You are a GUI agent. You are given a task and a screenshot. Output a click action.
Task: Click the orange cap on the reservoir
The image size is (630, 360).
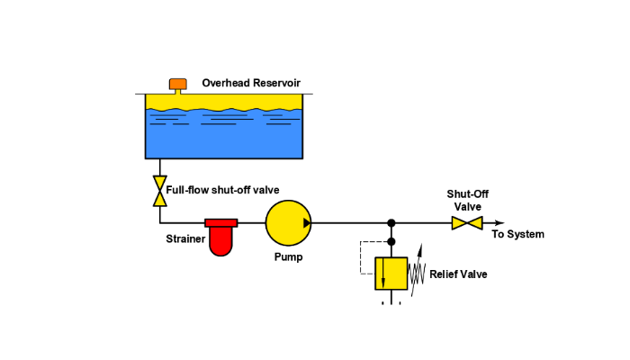pos(178,84)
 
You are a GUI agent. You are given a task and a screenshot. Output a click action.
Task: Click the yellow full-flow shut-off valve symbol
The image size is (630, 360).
pos(160,190)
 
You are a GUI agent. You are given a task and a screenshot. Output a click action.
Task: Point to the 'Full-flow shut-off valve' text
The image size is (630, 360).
pos(222,190)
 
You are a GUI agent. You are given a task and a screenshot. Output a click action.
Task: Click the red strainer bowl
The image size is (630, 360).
pos(220,240)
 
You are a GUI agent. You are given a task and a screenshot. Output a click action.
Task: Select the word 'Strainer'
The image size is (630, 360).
pos(185,238)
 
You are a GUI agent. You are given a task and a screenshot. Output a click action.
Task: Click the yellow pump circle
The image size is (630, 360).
pos(287,222)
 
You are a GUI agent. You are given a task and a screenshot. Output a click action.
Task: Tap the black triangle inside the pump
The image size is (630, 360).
pos(307,222)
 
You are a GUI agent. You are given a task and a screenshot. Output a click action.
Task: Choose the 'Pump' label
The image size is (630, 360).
pos(288,256)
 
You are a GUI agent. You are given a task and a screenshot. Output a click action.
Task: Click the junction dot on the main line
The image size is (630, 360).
pos(391,222)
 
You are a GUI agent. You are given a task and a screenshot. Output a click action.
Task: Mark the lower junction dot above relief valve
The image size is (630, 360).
pos(391,242)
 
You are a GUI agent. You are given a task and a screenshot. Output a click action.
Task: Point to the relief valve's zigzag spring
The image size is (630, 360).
pos(417,272)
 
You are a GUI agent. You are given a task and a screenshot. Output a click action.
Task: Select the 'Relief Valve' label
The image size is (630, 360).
pos(459,274)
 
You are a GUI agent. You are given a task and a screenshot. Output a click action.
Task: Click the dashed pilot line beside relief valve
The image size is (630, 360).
pos(360,256)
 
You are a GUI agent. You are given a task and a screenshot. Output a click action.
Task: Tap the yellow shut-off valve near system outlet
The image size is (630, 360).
pos(467,222)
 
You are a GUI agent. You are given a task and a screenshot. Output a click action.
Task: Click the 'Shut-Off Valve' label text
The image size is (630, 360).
pos(468,200)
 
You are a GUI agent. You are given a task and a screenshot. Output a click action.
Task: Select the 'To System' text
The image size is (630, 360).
pos(517,235)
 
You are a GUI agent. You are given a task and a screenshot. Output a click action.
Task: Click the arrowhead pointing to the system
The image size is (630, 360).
pos(500,222)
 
